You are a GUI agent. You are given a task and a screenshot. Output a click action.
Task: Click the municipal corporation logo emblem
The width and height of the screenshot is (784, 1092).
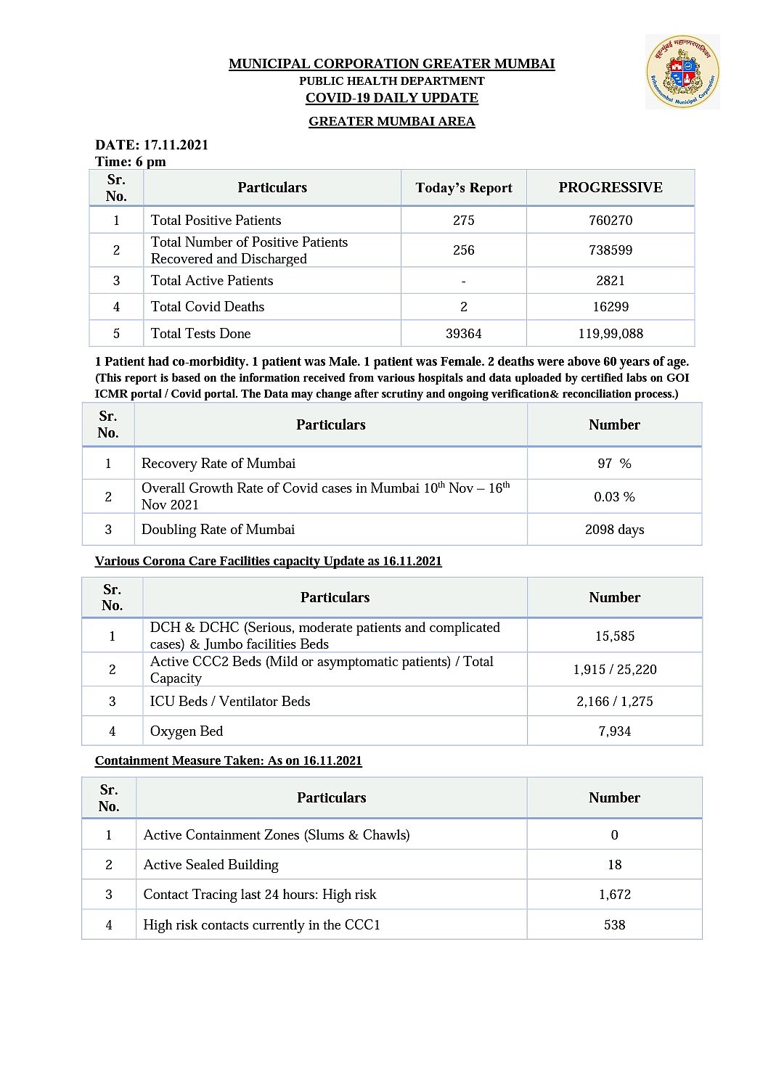(682, 72)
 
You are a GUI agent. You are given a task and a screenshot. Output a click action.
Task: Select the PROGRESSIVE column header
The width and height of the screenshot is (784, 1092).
(610, 187)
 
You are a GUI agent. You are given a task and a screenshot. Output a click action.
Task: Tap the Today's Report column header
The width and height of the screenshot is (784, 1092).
(464, 188)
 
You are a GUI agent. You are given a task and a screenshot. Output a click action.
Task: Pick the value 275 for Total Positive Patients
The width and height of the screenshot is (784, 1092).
(464, 220)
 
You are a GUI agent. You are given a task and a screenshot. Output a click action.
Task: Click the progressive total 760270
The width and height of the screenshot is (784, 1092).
(611, 220)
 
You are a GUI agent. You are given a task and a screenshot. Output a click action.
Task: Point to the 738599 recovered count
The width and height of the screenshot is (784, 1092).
(611, 250)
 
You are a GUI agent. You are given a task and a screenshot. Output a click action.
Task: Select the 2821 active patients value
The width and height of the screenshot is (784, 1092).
(611, 280)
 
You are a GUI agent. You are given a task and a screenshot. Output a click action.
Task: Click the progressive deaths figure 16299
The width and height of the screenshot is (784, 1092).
(611, 306)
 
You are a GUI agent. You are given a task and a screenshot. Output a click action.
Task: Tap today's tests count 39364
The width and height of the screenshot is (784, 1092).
(464, 333)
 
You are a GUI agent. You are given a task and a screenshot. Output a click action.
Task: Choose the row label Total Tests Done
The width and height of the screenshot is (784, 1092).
(200, 333)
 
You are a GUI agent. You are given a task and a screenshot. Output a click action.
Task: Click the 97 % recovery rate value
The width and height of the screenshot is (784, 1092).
(614, 463)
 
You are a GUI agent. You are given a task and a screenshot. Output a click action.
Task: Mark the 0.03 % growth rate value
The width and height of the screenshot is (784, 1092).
(614, 496)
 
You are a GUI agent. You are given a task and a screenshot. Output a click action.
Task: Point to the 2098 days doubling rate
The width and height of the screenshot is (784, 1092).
(614, 529)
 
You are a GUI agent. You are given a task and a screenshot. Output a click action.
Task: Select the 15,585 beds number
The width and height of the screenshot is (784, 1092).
(615, 636)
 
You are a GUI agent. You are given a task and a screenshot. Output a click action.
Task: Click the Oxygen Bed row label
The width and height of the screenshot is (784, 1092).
(187, 731)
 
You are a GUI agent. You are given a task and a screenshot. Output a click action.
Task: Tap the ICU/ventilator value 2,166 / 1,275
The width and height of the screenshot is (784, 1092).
(615, 701)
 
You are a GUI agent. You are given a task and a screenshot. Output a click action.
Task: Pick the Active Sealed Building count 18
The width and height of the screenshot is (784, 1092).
(615, 864)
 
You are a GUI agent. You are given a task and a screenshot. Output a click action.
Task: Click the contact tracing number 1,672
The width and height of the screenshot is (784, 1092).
(615, 894)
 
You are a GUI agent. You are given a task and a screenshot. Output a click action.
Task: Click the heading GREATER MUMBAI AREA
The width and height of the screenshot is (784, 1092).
(392, 121)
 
